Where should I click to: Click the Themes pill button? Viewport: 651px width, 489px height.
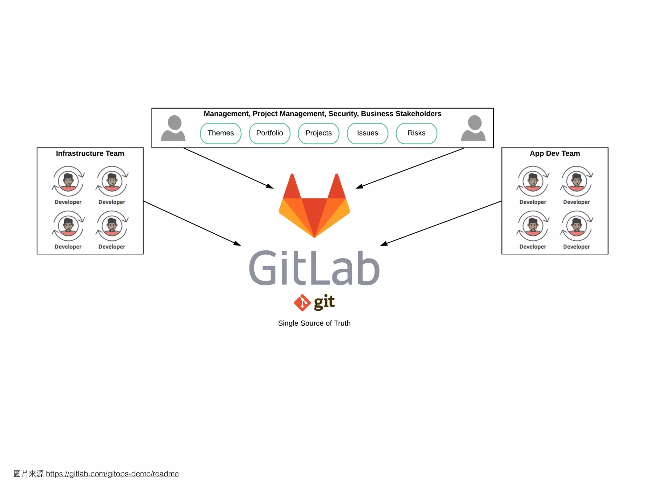[x=221, y=133]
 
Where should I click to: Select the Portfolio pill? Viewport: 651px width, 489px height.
[x=270, y=133]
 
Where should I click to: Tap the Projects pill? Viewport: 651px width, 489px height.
[x=319, y=133]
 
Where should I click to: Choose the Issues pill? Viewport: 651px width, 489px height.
[x=367, y=133]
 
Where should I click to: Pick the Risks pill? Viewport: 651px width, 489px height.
[x=416, y=133]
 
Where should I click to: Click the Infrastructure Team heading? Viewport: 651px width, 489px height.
[x=90, y=153]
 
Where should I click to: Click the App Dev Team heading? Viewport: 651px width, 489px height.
[x=555, y=153]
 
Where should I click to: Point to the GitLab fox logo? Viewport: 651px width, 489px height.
[x=314, y=207]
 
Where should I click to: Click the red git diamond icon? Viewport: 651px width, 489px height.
[x=302, y=302]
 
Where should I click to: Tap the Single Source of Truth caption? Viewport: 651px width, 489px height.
[x=314, y=323]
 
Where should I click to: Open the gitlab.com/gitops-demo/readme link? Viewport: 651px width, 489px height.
[x=112, y=474]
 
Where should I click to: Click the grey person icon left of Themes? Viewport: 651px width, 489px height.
[x=173, y=128]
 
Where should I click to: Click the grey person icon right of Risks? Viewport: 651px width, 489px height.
[x=473, y=128]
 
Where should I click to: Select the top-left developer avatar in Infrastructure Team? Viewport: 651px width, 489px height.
[x=68, y=181]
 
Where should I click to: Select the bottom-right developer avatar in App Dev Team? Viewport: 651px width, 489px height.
[x=577, y=226]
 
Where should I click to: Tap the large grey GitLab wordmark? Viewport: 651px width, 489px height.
[x=314, y=268]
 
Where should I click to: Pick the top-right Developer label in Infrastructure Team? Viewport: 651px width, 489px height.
[x=112, y=202]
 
